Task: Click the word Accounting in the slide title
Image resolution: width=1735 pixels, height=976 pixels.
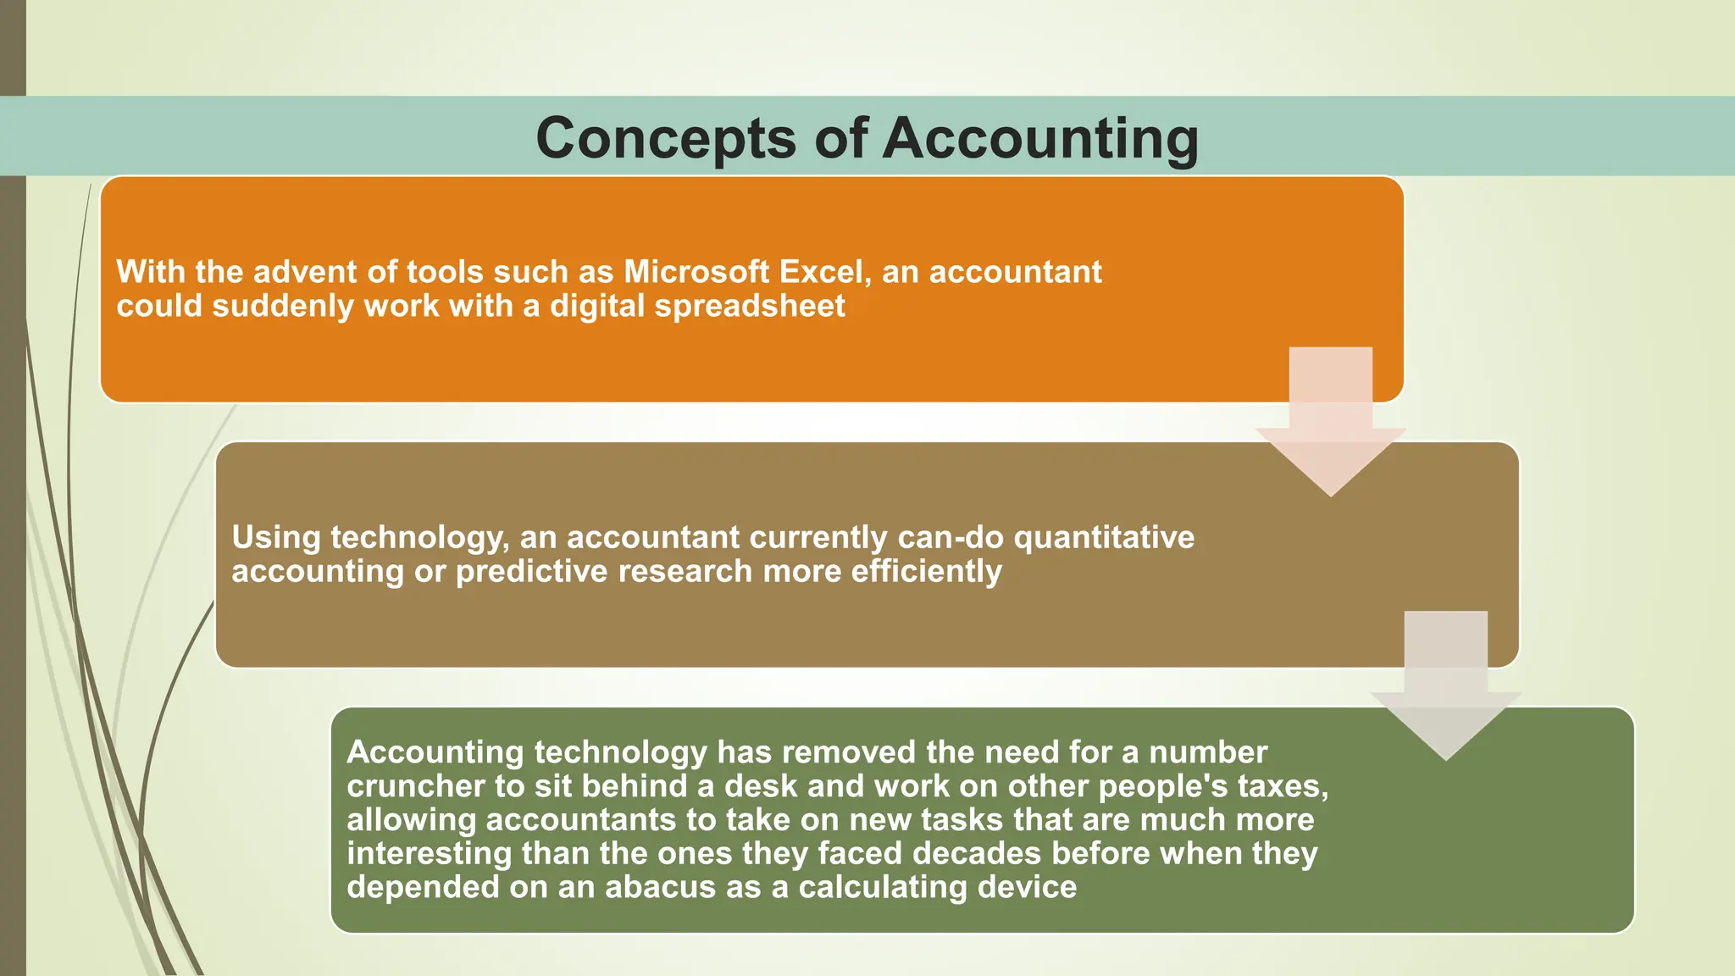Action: (1040, 139)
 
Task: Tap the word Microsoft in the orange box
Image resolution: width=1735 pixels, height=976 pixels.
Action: (696, 272)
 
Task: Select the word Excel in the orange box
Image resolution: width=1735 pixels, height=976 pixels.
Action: (825, 272)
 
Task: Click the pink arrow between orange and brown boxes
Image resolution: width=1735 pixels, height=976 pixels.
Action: (1330, 424)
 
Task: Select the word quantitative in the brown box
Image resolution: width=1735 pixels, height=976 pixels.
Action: (1104, 537)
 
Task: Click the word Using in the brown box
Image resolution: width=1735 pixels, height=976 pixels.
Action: (276, 537)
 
